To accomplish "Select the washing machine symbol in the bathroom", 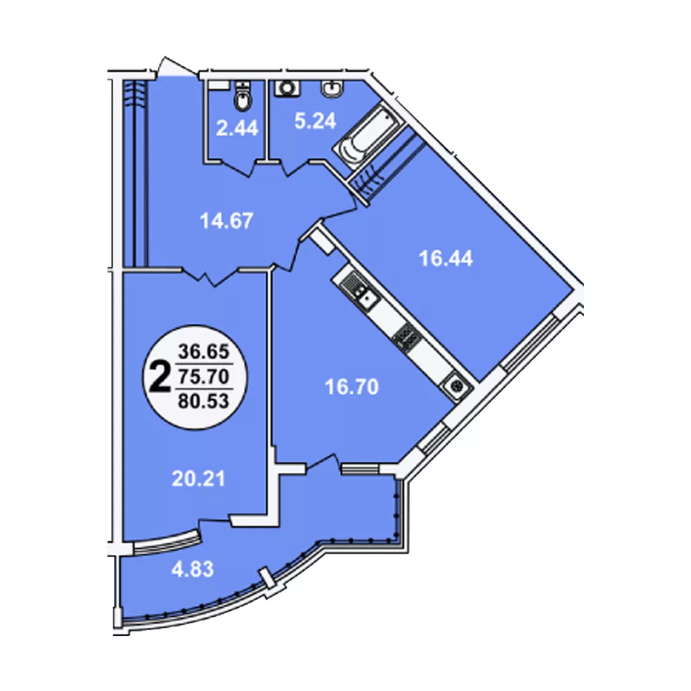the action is point(287,88).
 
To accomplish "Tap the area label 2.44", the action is point(237,129).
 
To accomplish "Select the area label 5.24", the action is point(315,121).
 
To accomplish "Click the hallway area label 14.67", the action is point(226,221).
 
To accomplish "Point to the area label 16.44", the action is point(445,258).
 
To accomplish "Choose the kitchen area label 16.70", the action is point(352,387).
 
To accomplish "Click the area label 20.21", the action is point(198,479).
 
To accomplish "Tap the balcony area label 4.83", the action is point(192,569).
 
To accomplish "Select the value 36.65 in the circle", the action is point(203,352).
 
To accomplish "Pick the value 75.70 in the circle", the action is point(203,376).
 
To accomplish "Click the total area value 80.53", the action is point(203,401).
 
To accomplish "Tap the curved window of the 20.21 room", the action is point(167,541).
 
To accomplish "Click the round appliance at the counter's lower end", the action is point(456,387).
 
